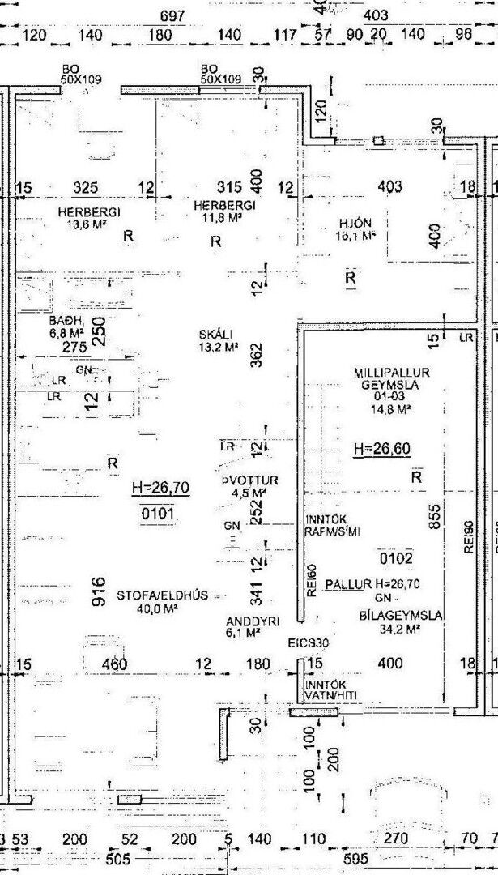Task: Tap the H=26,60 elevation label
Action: [x=381, y=449]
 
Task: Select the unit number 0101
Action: [x=158, y=514]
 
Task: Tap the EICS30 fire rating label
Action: [x=309, y=643]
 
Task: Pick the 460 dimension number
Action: [x=116, y=664]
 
